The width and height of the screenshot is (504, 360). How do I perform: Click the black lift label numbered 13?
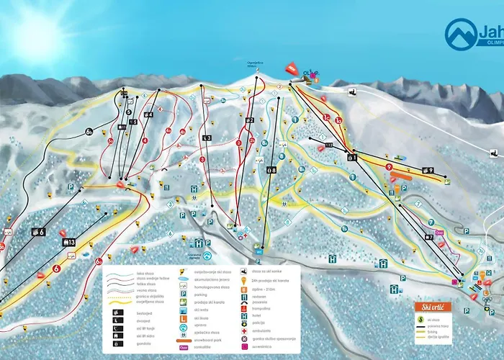coord(72,242)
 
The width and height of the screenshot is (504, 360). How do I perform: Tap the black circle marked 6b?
coord(89,131)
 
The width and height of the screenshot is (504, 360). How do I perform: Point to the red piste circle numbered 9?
coord(388,166)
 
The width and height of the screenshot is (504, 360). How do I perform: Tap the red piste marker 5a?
coord(169,130)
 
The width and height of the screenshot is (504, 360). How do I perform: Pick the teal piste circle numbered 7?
coord(431,222)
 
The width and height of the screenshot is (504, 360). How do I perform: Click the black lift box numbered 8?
coord(271,170)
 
